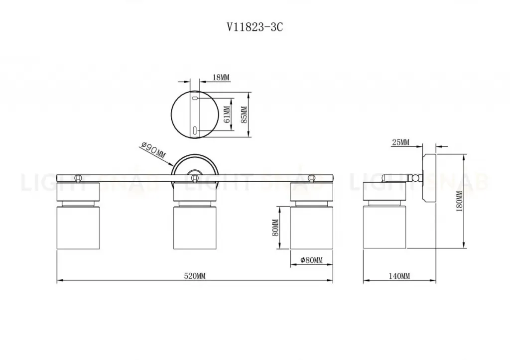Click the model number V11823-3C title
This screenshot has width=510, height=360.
255,27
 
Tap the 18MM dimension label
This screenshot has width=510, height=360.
221,77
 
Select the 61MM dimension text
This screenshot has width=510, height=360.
227,114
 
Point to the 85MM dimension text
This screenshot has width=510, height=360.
245,114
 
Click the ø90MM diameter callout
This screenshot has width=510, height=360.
153,151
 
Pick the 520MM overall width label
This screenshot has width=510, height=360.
195,276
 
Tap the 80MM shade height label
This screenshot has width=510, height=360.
275,228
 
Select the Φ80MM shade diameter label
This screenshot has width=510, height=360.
312,260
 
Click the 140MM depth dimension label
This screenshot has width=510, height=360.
399,276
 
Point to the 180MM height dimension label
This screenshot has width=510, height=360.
459,201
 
